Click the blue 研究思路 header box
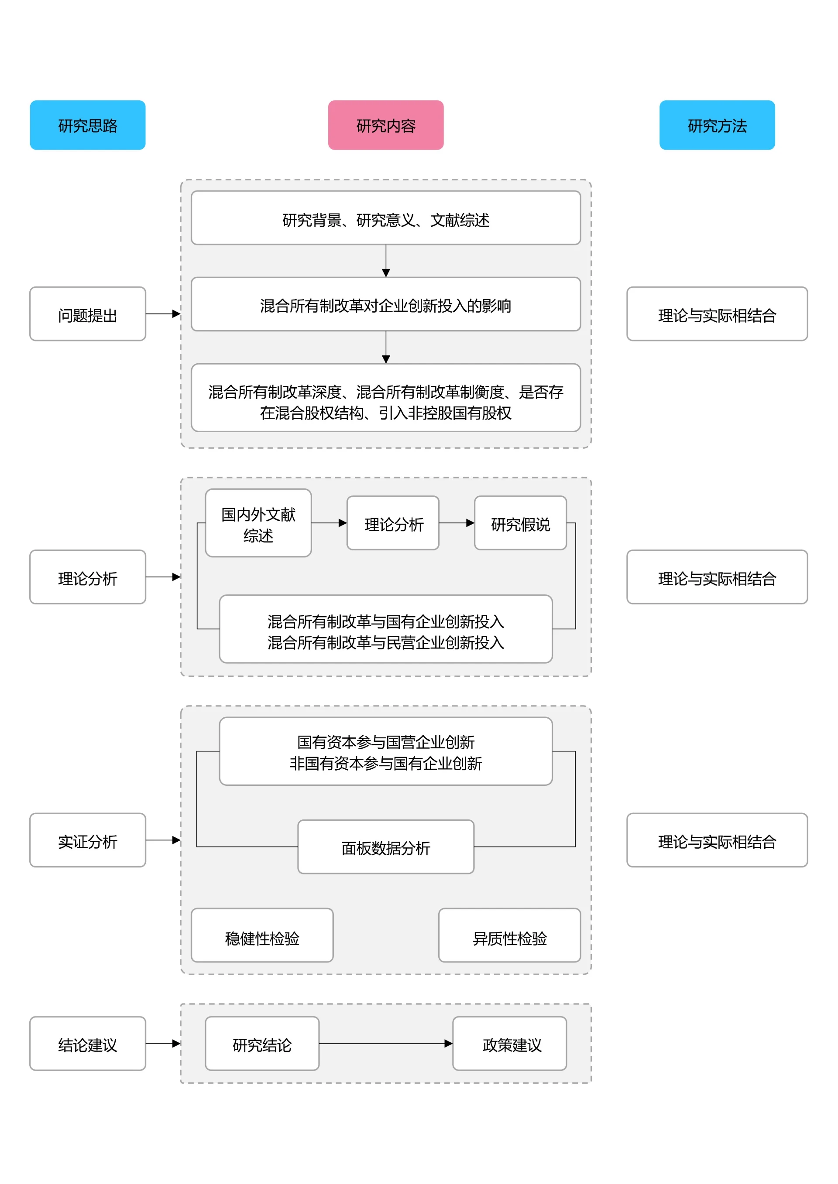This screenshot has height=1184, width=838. [x=88, y=125]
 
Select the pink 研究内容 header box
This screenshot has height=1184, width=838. [x=385, y=125]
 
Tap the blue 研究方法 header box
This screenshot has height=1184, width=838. [x=717, y=125]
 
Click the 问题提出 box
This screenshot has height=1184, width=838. [x=88, y=314]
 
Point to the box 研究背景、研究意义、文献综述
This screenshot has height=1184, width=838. [x=385, y=218]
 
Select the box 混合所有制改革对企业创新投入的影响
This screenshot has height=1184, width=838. [x=385, y=304]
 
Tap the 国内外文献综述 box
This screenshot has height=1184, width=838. [x=258, y=523]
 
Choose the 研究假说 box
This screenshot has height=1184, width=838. [x=520, y=523]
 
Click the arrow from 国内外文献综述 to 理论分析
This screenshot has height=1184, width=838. [x=329, y=523]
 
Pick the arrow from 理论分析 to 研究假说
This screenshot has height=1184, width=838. [x=456, y=523]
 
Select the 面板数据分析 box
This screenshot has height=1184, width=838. [x=385, y=847]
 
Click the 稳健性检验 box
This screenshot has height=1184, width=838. [x=262, y=935]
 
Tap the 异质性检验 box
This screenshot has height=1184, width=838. [x=509, y=935]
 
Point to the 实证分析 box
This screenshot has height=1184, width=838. [x=88, y=840]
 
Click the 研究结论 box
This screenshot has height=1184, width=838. [x=262, y=1044]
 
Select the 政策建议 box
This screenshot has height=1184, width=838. [x=509, y=1044]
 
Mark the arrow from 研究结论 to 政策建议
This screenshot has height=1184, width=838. [x=385, y=1044]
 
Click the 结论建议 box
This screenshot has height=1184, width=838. [x=88, y=1044]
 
